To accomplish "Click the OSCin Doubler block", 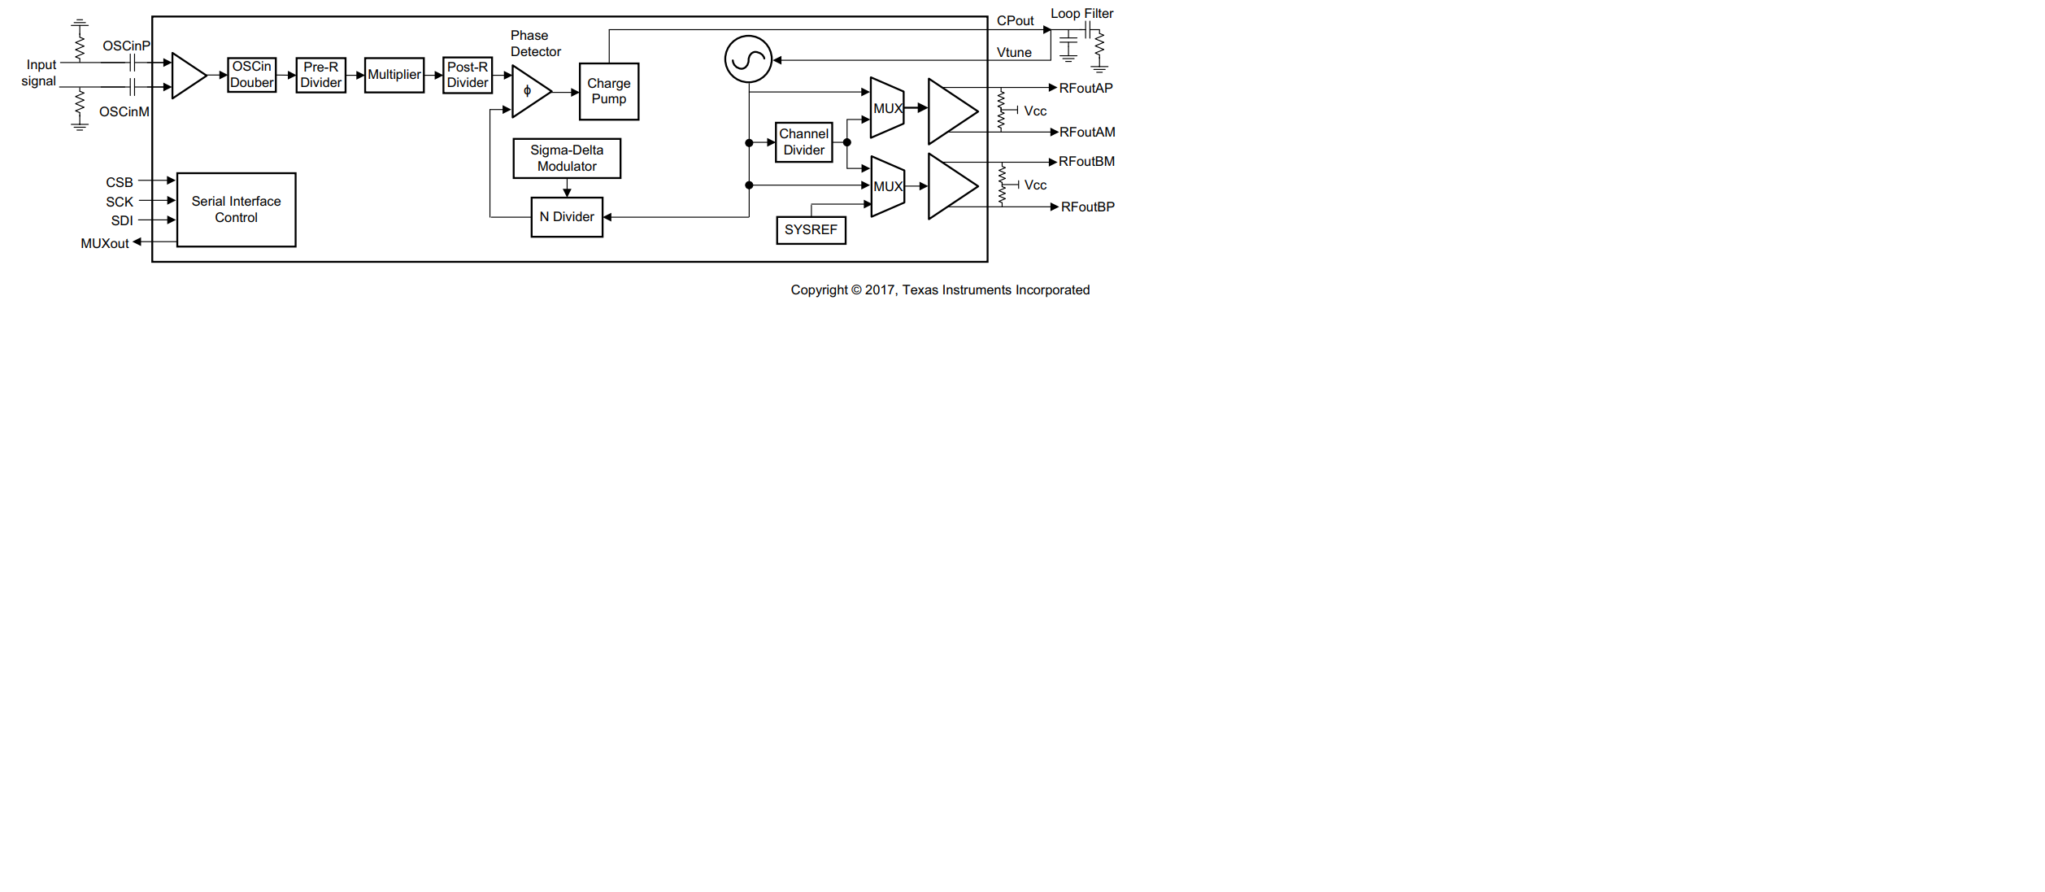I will click(x=251, y=75).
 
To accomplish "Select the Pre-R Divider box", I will click(x=320, y=75).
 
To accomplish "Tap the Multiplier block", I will click(x=394, y=75).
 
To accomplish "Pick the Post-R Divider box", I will click(x=468, y=75).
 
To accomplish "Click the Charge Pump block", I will click(x=608, y=91).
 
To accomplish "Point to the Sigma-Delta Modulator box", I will click(x=567, y=158).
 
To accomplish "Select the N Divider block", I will click(x=567, y=217).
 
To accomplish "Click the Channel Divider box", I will click(x=803, y=142).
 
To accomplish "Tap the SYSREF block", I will click(x=811, y=230).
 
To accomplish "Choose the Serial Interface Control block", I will click(x=236, y=210).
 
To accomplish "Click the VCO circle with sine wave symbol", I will click(x=748, y=59).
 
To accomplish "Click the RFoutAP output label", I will click(x=1086, y=88).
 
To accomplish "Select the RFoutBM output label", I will click(x=1086, y=162).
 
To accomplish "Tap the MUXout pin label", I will click(x=105, y=243).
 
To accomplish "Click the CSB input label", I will click(x=120, y=182).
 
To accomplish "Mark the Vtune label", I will click(x=1014, y=53).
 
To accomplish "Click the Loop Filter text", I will click(x=1081, y=14).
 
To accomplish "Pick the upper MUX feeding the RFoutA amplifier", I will click(x=887, y=108).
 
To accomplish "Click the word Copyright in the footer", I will click(x=819, y=290).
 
